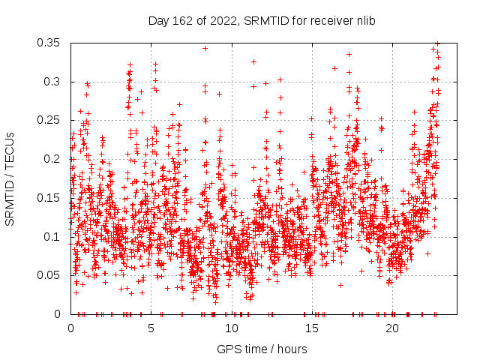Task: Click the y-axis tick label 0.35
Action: [49, 43]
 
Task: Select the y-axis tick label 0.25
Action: [49, 120]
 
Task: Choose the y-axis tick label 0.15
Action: [49, 198]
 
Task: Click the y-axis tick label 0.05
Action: [49, 275]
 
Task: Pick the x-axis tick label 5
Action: [151, 328]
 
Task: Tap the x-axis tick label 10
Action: [232, 328]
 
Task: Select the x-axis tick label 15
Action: [312, 328]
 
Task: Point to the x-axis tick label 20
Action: [392, 328]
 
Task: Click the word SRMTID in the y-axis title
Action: [10, 199]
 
